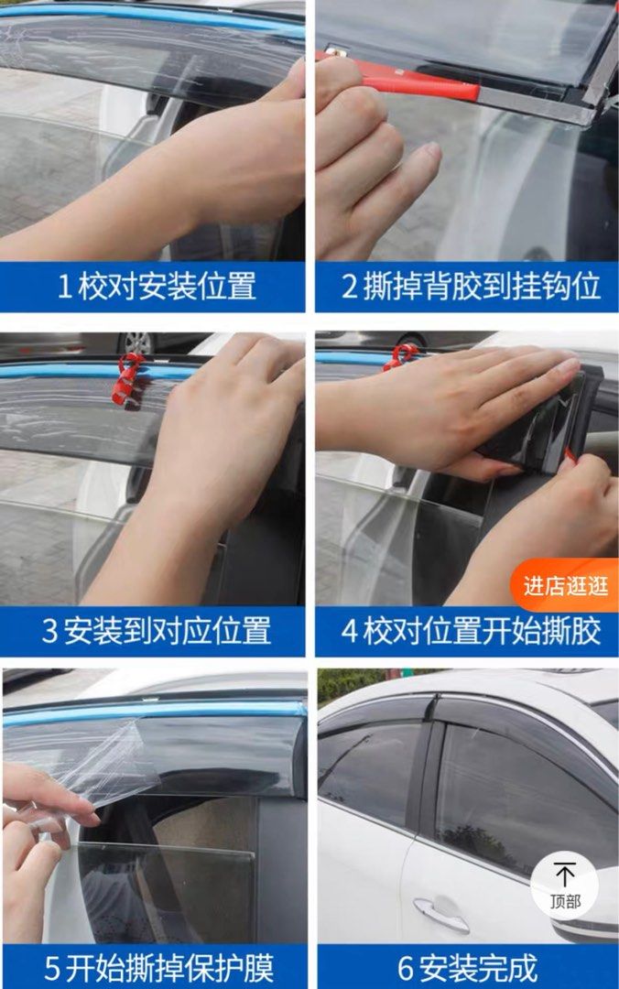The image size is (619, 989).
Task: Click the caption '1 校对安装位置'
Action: point(156,287)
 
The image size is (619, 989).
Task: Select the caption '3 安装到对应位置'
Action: point(156,630)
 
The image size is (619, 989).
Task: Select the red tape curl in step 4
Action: point(400,355)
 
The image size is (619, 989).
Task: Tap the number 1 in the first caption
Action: point(64,287)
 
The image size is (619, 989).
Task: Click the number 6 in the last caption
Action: point(406,967)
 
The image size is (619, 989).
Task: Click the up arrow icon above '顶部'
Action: point(565,874)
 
